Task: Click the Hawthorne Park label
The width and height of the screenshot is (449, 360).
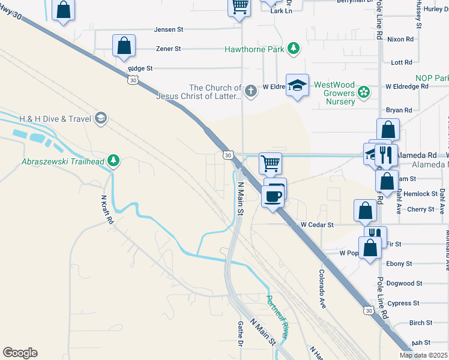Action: pyautogui.click(x=254, y=49)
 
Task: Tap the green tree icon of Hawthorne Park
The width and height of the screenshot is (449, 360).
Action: pyautogui.click(x=294, y=48)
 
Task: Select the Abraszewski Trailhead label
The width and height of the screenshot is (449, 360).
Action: pyautogui.click(x=62, y=161)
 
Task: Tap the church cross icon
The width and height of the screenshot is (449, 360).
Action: pyautogui.click(x=251, y=91)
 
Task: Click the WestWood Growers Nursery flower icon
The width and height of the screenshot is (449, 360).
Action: pyautogui.click(x=363, y=92)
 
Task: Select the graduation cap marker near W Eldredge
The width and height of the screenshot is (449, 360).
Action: pyautogui.click(x=297, y=86)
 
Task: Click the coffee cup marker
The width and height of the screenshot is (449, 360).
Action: pyautogui.click(x=273, y=196)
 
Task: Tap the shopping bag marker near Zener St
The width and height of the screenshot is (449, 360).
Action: pyautogui.click(x=124, y=46)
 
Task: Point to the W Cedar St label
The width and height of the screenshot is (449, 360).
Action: pyautogui.click(x=316, y=224)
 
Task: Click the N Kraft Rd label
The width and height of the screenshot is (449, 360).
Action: pyautogui.click(x=107, y=211)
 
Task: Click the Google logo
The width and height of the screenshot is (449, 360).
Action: pyautogui.click(x=20, y=353)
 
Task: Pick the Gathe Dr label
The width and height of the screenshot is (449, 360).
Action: pyautogui.click(x=240, y=334)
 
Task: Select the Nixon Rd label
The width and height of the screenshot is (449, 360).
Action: pyautogui.click(x=400, y=39)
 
